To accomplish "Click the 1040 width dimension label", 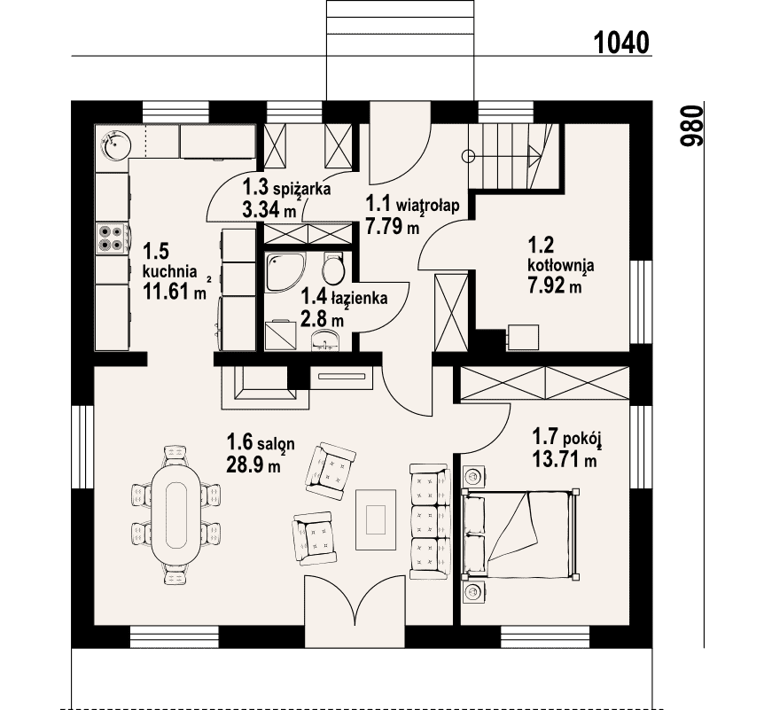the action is point(621,43).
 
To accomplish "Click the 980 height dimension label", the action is point(692,126).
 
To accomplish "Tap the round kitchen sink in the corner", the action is point(115,144).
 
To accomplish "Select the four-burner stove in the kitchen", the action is point(112,238).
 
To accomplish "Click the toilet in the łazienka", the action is point(333,269).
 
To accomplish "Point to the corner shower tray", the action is point(285,272).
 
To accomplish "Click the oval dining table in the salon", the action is point(175,515).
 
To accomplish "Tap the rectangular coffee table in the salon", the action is point(375,520).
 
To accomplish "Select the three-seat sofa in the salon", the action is point(429,521).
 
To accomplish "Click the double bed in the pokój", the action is point(520,534).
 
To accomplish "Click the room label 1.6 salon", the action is point(261,443).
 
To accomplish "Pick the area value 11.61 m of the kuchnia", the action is point(174,292).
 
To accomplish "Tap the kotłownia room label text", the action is point(561,266).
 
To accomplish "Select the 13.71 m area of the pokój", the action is point(565,459).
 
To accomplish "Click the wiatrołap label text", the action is point(427,205).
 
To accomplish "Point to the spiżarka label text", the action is point(302,189).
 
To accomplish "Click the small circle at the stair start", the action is point(468,156).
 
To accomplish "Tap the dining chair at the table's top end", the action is point(175,455).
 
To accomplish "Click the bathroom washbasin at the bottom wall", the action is point(325,339).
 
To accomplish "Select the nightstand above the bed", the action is point(472,476).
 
